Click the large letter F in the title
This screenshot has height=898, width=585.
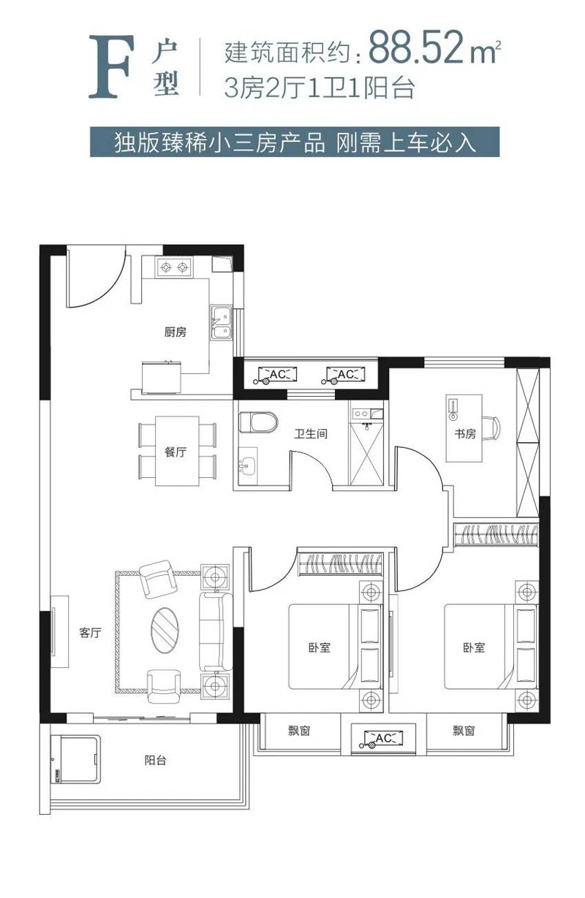tap(111, 66)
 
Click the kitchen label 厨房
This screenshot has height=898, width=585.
tap(175, 332)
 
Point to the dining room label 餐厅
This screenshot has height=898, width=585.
tap(175, 452)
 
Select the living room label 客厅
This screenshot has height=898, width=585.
tap(90, 633)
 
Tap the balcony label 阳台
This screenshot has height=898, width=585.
tap(155, 760)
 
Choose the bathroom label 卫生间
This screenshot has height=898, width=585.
tap(310, 433)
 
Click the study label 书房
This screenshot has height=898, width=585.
tap(464, 433)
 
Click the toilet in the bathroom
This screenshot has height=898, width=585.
tap(257, 422)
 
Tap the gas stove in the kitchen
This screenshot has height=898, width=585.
tap(175, 267)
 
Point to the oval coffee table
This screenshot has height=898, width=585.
tap(165, 630)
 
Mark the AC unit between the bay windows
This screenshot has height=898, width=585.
tap(382, 738)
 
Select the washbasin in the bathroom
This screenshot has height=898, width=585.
tap(246, 467)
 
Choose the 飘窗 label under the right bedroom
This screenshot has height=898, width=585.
tap(464, 731)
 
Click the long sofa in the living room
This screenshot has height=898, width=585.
tap(216, 632)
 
